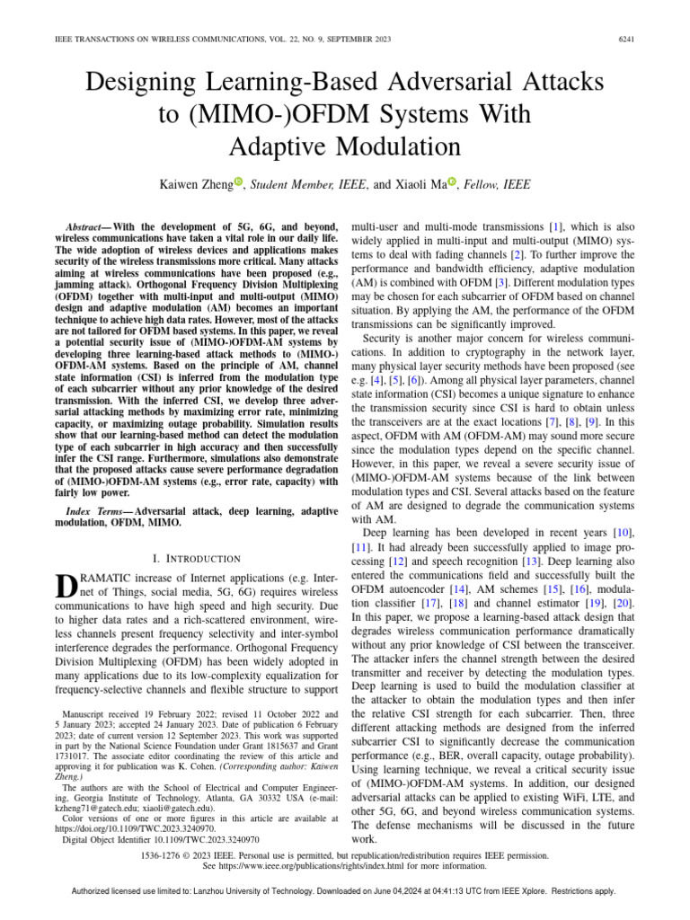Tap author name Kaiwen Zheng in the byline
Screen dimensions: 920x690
coord(195,184)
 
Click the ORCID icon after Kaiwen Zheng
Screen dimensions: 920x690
coord(239,183)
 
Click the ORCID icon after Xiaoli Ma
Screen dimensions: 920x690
coord(452,183)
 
